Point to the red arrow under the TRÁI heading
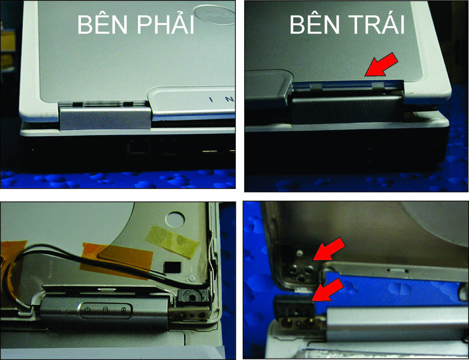pos(381,65)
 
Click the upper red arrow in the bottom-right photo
pos(329,249)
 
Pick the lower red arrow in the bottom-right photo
pos(328,290)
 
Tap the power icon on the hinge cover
pos(87,310)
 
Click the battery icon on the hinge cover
pos(124,310)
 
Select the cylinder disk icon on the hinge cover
pos(106,310)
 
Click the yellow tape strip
pos(173,242)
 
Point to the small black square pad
pos(173,266)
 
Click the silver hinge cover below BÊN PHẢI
pos(106,116)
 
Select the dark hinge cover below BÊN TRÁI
pos(347,108)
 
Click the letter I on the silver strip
pos(211,100)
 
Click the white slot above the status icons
pos(107,290)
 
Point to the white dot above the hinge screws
pos(299,253)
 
